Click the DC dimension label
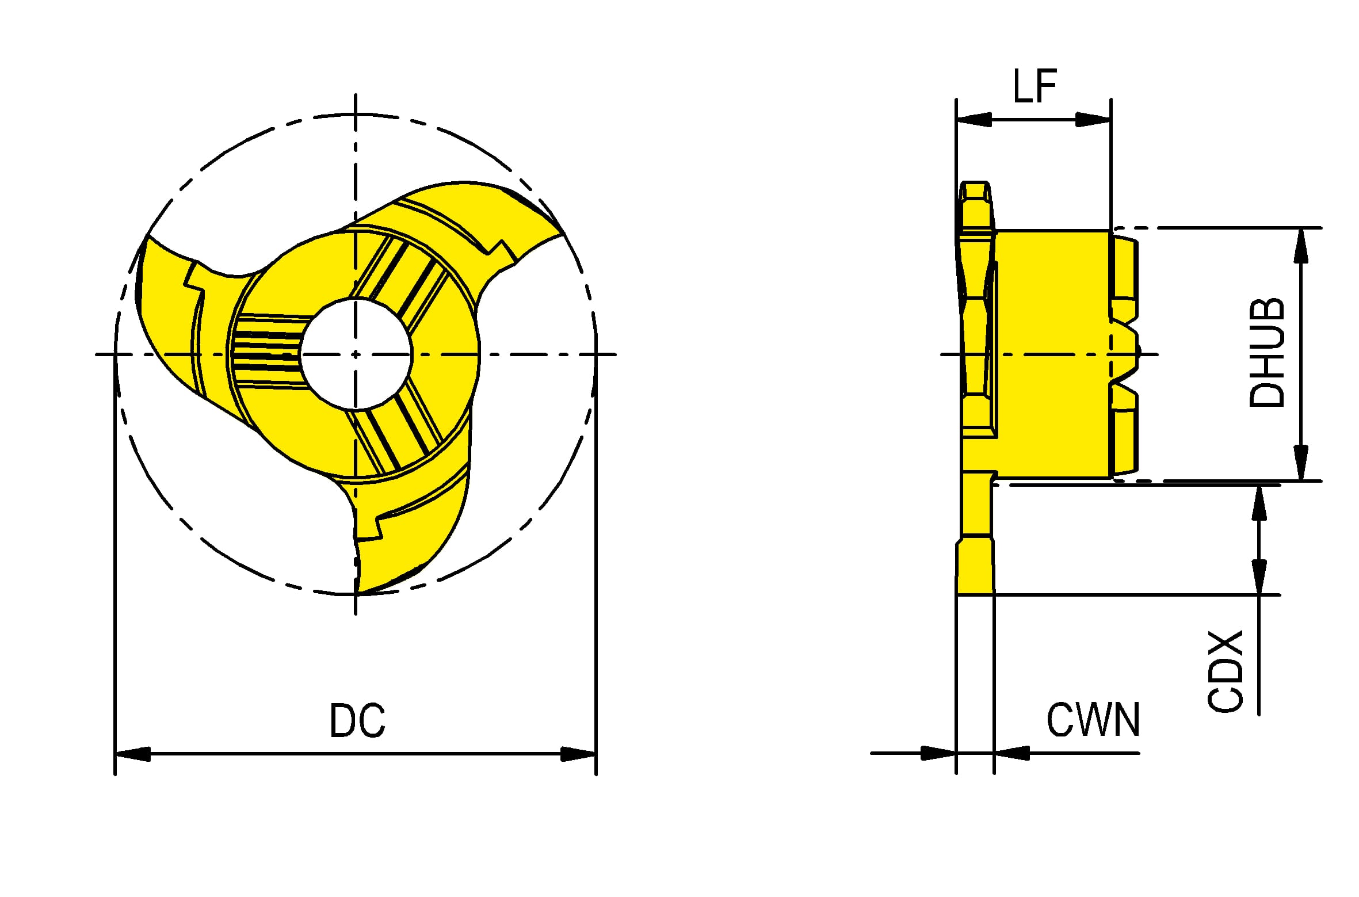[357, 720]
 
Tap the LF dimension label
[1034, 86]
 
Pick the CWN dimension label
[1093, 720]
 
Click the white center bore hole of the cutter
[356, 354]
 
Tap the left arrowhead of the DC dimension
[133, 753]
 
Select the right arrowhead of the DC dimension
[578, 753]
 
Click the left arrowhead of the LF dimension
[974, 120]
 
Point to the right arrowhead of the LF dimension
[1093, 120]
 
